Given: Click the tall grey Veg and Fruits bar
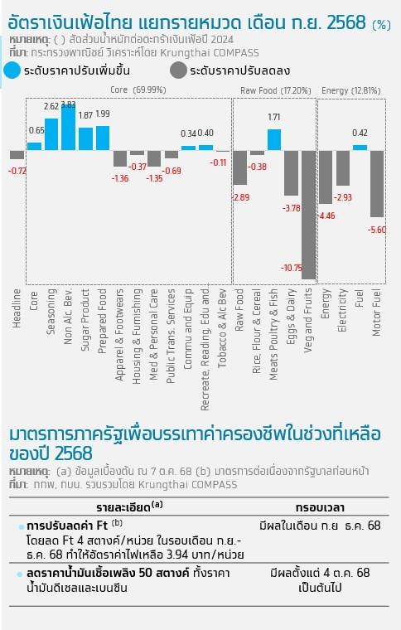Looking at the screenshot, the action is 309,215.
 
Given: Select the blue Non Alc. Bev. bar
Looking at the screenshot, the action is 68,128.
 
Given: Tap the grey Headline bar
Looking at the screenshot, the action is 17,155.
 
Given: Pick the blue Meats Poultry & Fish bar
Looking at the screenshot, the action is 274,140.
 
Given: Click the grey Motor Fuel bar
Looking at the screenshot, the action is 377,184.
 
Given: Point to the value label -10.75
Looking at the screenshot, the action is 292,268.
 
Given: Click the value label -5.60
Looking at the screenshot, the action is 377,230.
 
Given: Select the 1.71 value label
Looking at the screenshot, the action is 274,118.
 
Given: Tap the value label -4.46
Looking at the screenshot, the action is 326,216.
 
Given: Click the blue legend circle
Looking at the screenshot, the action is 12,70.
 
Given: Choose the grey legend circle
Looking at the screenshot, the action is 178,70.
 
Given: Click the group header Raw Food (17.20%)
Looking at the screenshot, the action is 276,91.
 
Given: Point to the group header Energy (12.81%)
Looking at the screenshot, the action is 350,91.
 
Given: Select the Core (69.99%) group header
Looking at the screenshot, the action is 138,90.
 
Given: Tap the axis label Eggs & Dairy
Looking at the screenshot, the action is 292,317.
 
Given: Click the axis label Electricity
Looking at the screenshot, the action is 342,310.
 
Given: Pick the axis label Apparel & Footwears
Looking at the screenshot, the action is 119,335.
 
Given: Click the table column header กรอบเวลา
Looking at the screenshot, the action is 320,507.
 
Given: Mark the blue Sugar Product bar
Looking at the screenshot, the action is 85,139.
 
